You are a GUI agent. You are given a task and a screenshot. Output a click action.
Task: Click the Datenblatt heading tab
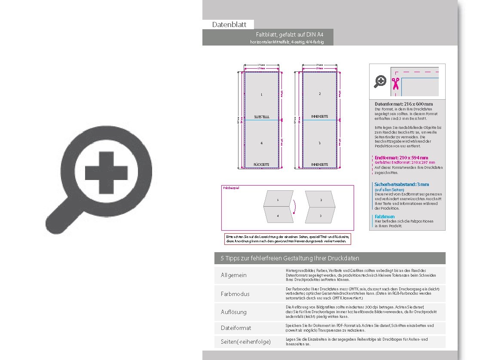pyautogui.click(x=229, y=25)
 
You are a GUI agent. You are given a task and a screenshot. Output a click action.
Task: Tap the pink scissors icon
pyautogui.click(x=395, y=81)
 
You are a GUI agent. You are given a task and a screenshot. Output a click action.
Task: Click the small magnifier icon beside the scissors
pyautogui.click(x=380, y=81)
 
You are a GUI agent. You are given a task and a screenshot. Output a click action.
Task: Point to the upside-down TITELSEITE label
pyautogui.click(x=261, y=116)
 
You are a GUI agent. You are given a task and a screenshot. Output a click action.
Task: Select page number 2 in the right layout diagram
pyautogui.click(x=320, y=94)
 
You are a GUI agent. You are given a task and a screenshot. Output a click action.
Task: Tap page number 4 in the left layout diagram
pyautogui.click(x=261, y=143)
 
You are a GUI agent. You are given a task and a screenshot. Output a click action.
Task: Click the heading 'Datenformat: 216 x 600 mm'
pyautogui.click(x=404, y=104)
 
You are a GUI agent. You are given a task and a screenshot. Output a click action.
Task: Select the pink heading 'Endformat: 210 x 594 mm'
pyautogui.click(x=401, y=158)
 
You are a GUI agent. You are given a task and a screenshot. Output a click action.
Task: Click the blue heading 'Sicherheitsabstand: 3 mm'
pyautogui.click(x=402, y=184)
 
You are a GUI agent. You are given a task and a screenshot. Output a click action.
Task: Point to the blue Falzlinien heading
pyautogui.click(x=385, y=217)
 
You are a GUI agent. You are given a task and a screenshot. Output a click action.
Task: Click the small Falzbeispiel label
pyautogui.click(x=231, y=188)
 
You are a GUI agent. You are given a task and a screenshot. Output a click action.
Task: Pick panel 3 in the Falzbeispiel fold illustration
pyautogui.click(x=321, y=216)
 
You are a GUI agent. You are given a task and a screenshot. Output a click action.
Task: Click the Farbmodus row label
pyautogui.click(x=235, y=294)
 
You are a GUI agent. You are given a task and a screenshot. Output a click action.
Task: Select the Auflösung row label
pyautogui.click(x=234, y=312)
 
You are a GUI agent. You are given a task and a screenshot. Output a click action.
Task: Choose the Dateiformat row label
pyautogui.click(x=236, y=328)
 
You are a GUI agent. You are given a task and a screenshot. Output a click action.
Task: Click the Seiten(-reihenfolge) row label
pyautogui.click(x=246, y=342)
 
